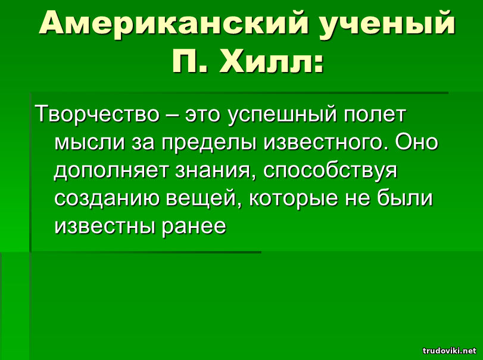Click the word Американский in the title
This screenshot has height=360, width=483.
tap(173, 23)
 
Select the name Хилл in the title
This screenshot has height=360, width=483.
tap(271, 60)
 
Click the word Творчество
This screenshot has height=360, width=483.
tap(97, 114)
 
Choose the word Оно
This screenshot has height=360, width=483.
tap(416, 142)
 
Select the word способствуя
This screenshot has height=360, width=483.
tap(330, 171)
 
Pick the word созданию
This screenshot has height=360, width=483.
tap(107, 199)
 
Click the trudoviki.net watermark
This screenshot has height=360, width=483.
tap(450, 350)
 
